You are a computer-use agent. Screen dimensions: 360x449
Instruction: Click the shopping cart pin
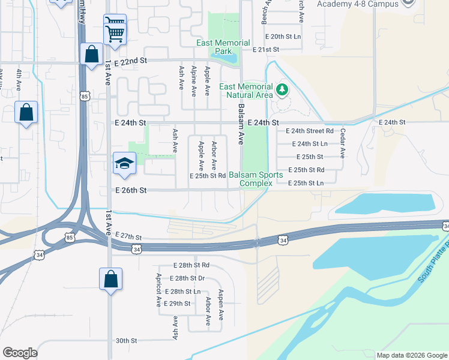[115, 29]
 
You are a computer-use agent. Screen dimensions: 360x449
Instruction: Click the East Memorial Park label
[223, 47]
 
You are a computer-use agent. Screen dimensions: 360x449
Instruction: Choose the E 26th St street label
[131, 190]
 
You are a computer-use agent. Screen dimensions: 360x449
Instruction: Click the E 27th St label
[127, 238]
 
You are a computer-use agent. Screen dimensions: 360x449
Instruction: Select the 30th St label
[127, 340]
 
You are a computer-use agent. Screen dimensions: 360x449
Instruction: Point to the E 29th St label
[177, 304]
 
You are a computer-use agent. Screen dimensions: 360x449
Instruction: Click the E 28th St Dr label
[187, 278]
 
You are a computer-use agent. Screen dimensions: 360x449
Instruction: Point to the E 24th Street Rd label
[309, 131]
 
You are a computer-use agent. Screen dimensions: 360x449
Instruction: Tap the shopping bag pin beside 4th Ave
[26, 112]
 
